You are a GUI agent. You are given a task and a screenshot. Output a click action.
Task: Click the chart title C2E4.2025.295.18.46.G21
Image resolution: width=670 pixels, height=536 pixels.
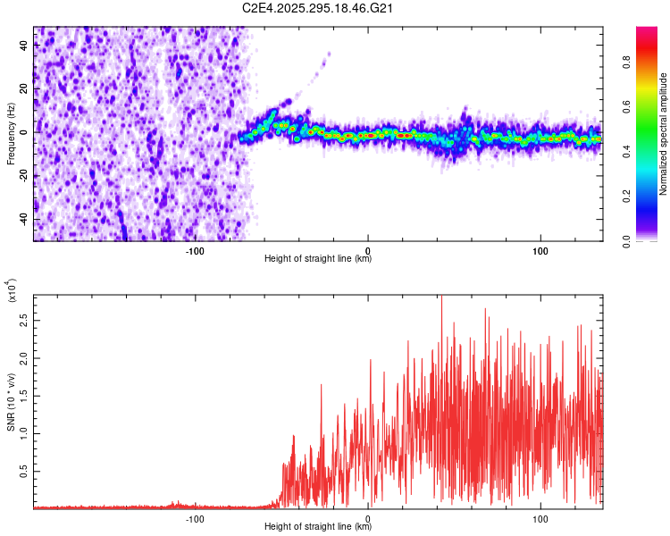pyautogui.click(x=318, y=8)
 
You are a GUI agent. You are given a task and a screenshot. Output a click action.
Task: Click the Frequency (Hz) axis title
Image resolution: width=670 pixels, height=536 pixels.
pyautogui.click(x=11, y=132)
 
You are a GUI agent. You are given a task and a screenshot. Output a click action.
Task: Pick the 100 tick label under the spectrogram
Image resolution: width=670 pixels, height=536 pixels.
pyautogui.click(x=540, y=250)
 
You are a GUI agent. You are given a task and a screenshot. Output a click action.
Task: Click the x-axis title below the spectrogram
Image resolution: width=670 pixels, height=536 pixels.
pyautogui.click(x=318, y=259)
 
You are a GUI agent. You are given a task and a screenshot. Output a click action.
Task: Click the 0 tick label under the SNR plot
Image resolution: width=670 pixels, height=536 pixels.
pyautogui.click(x=368, y=518)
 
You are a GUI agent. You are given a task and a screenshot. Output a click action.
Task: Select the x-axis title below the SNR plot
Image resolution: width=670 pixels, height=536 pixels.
pyautogui.click(x=318, y=527)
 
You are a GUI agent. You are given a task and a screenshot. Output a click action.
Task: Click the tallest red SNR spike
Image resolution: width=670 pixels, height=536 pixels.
pyautogui.click(x=441, y=297)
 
